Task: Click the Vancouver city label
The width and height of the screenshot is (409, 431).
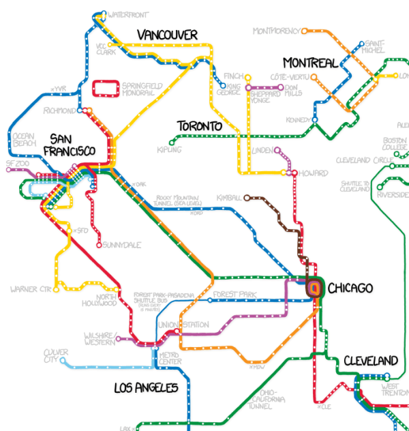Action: [167, 35]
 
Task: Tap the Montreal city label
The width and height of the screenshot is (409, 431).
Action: [310, 63]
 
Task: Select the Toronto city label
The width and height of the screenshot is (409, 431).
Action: [200, 126]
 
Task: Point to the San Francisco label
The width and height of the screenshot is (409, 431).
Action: [69, 145]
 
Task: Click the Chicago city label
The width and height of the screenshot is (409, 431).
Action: [350, 288]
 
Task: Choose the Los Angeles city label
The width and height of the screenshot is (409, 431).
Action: [146, 388]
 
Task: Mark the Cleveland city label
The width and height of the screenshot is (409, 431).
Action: [370, 360]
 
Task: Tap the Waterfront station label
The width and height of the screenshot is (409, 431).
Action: [127, 14]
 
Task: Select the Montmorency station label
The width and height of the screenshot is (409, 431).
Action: [276, 31]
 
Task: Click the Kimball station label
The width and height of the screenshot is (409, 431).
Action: [229, 198]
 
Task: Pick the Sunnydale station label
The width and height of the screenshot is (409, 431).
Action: [123, 244]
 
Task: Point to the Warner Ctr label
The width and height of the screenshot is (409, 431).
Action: [31, 289]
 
